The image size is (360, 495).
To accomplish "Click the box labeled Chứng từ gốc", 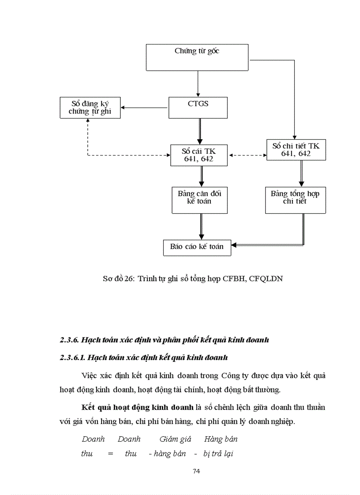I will point(197,57).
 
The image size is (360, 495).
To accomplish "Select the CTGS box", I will point(198,108).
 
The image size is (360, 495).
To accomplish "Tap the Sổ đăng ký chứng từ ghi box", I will point(90,108).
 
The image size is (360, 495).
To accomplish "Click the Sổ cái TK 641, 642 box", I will point(199,155).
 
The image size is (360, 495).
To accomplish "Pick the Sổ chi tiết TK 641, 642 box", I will point(296,149).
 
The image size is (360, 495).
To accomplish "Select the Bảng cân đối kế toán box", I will point(199,200).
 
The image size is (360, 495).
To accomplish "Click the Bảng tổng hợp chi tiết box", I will point(295,200).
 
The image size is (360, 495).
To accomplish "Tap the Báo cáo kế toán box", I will point(197,247).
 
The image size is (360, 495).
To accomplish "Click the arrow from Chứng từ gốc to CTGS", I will point(198,84).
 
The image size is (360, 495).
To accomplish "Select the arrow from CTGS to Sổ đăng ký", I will point(146,108).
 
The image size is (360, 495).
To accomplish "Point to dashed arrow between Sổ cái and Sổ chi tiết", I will point(247,155).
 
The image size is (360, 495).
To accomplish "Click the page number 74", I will point(197,471).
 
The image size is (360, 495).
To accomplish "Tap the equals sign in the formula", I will point(110,454).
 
